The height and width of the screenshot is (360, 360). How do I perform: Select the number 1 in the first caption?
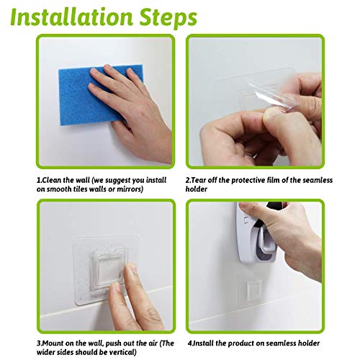coord(39,180)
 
